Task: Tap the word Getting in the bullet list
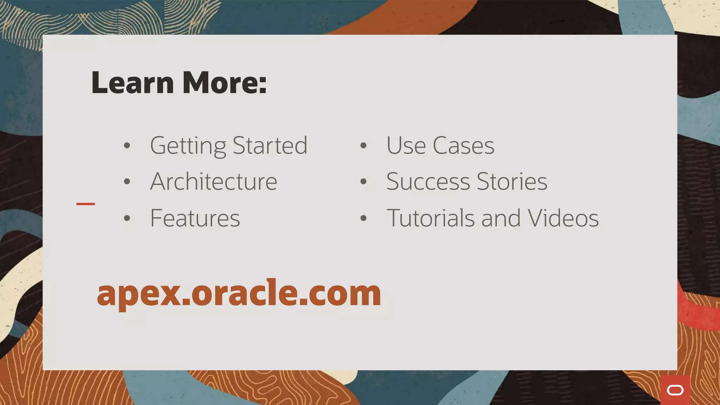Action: pos(188,146)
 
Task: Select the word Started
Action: pos(270,146)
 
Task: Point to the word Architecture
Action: pos(214,182)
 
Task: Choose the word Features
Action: pos(195,218)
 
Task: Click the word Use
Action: pos(406,146)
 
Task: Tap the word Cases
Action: pos(463,146)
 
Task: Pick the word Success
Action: pos(428,182)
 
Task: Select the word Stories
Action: pos(512,182)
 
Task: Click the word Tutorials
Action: pos(431,218)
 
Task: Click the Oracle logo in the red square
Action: pos(675,390)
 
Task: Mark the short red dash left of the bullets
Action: pos(85,204)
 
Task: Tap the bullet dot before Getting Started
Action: pos(127,146)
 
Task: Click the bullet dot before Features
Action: pos(127,218)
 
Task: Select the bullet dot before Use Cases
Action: pos(364,146)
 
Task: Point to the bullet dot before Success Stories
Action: pos(364,182)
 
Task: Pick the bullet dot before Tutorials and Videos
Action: pos(364,218)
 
